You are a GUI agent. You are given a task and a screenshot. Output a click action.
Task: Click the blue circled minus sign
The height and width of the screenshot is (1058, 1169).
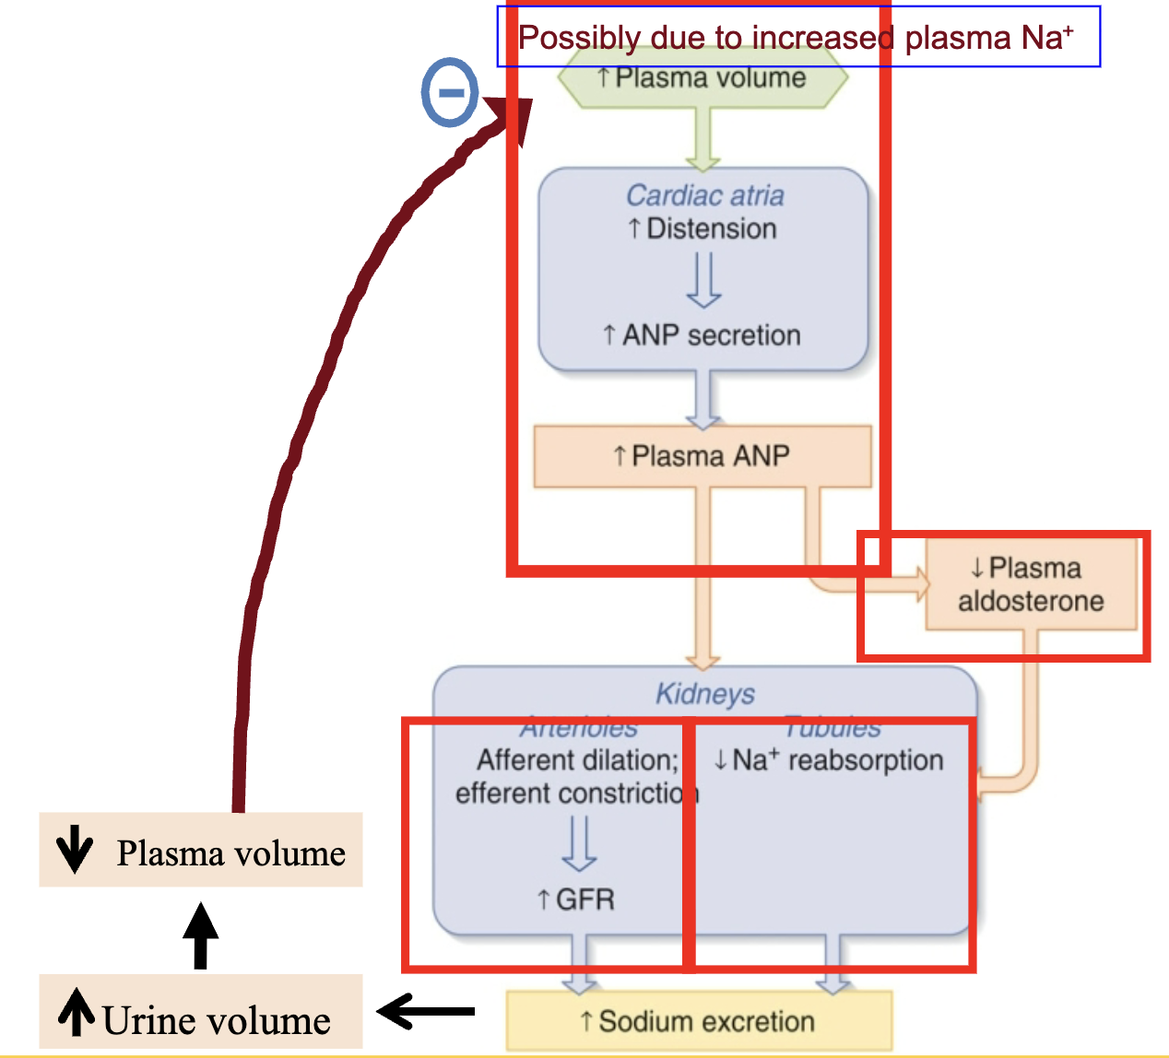pyautogui.click(x=450, y=92)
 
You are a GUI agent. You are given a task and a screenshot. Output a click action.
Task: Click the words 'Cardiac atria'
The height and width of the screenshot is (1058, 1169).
pyautogui.click(x=705, y=195)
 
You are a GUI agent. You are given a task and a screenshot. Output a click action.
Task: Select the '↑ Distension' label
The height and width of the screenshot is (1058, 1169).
pyautogui.click(x=703, y=229)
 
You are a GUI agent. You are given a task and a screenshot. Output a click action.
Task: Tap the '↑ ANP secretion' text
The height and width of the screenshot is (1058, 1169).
pyautogui.click(x=702, y=335)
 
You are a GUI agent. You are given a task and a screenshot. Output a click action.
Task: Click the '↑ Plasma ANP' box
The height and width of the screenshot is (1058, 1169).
pyautogui.click(x=703, y=456)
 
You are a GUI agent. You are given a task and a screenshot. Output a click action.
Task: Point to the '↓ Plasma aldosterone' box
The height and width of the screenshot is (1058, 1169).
pyautogui.click(x=1031, y=584)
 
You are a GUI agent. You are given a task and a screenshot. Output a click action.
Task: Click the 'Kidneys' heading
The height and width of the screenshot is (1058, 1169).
pyautogui.click(x=705, y=693)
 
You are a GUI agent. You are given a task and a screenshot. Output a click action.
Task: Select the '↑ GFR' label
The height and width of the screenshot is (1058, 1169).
pyautogui.click(x=576, y=899)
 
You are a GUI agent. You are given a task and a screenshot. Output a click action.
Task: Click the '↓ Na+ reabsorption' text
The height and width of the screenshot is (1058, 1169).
pyautogui.click(x=829, y=760)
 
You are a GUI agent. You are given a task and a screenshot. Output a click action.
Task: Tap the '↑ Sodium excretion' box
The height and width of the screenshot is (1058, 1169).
pyautogui.click(x=699, y=1021)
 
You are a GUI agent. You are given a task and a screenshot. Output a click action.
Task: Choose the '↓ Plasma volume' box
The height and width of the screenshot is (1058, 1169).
pyautogui.click(x=200, y=851)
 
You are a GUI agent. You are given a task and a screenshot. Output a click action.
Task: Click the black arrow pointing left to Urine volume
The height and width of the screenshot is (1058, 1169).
pyautogui.click(x=426, y=1012)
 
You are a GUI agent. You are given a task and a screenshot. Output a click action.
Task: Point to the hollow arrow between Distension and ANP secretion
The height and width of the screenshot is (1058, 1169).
pyautogui.click(x=703, y=280)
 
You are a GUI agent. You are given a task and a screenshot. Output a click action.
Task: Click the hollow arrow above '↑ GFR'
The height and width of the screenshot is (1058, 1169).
pyautogui.click(x=579, y=844)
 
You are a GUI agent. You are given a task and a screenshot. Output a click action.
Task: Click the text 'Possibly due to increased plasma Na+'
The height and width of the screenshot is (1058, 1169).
pyautogui.click(x=797, y=37)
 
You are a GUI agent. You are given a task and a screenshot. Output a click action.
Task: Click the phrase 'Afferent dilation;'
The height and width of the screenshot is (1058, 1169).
pyautogui.click(x=578, y=760)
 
